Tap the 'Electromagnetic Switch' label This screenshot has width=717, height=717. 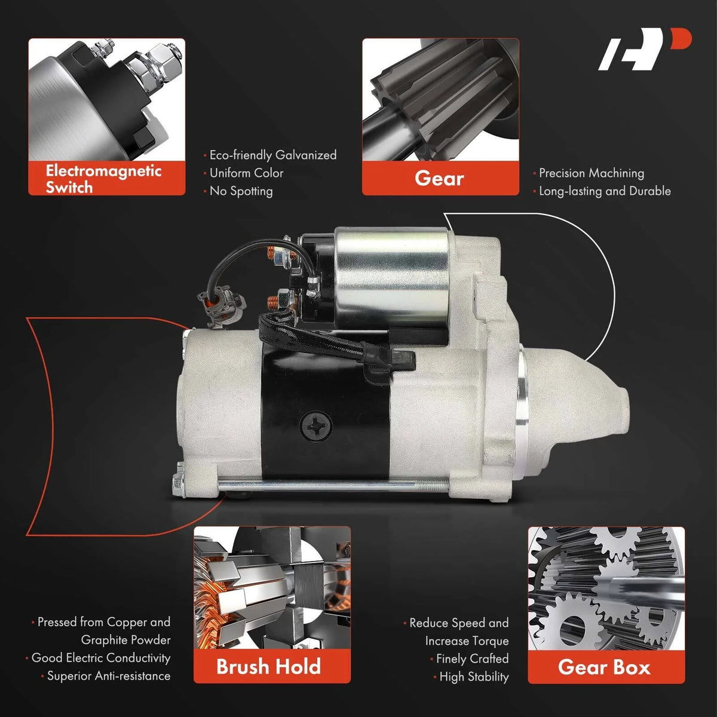[x=103, y=179]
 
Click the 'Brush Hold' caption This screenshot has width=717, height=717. [x=268, y=666]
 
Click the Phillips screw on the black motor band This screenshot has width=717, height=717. [x=315, y=427]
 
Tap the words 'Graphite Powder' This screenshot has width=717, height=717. [x=125, y=640]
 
